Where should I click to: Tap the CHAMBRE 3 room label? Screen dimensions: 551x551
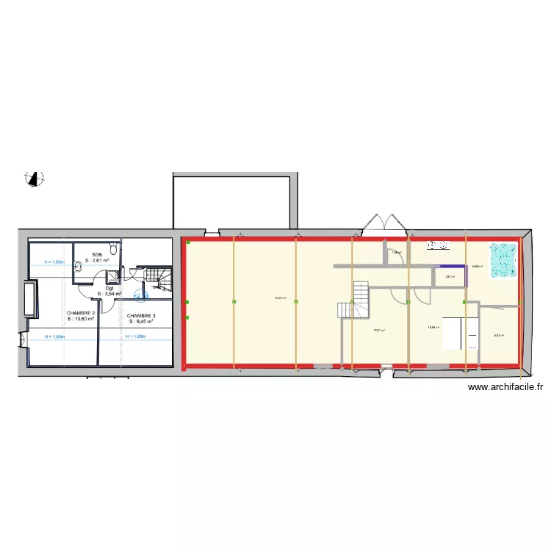tap(141, 315)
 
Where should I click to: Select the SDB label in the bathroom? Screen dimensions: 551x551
tap(96, 254)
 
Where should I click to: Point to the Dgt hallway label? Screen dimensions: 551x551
tap(109, 288)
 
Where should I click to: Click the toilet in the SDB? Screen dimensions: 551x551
tap(112, 247)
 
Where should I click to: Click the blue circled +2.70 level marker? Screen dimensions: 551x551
tap(141, 296)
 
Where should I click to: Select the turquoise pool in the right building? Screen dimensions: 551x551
tap(504, 260)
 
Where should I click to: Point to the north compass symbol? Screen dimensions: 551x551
tap(33, 178)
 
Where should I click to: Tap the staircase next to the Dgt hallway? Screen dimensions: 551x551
tap(156, 277)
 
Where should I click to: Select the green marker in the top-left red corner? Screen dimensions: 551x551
tap(187, 242)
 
